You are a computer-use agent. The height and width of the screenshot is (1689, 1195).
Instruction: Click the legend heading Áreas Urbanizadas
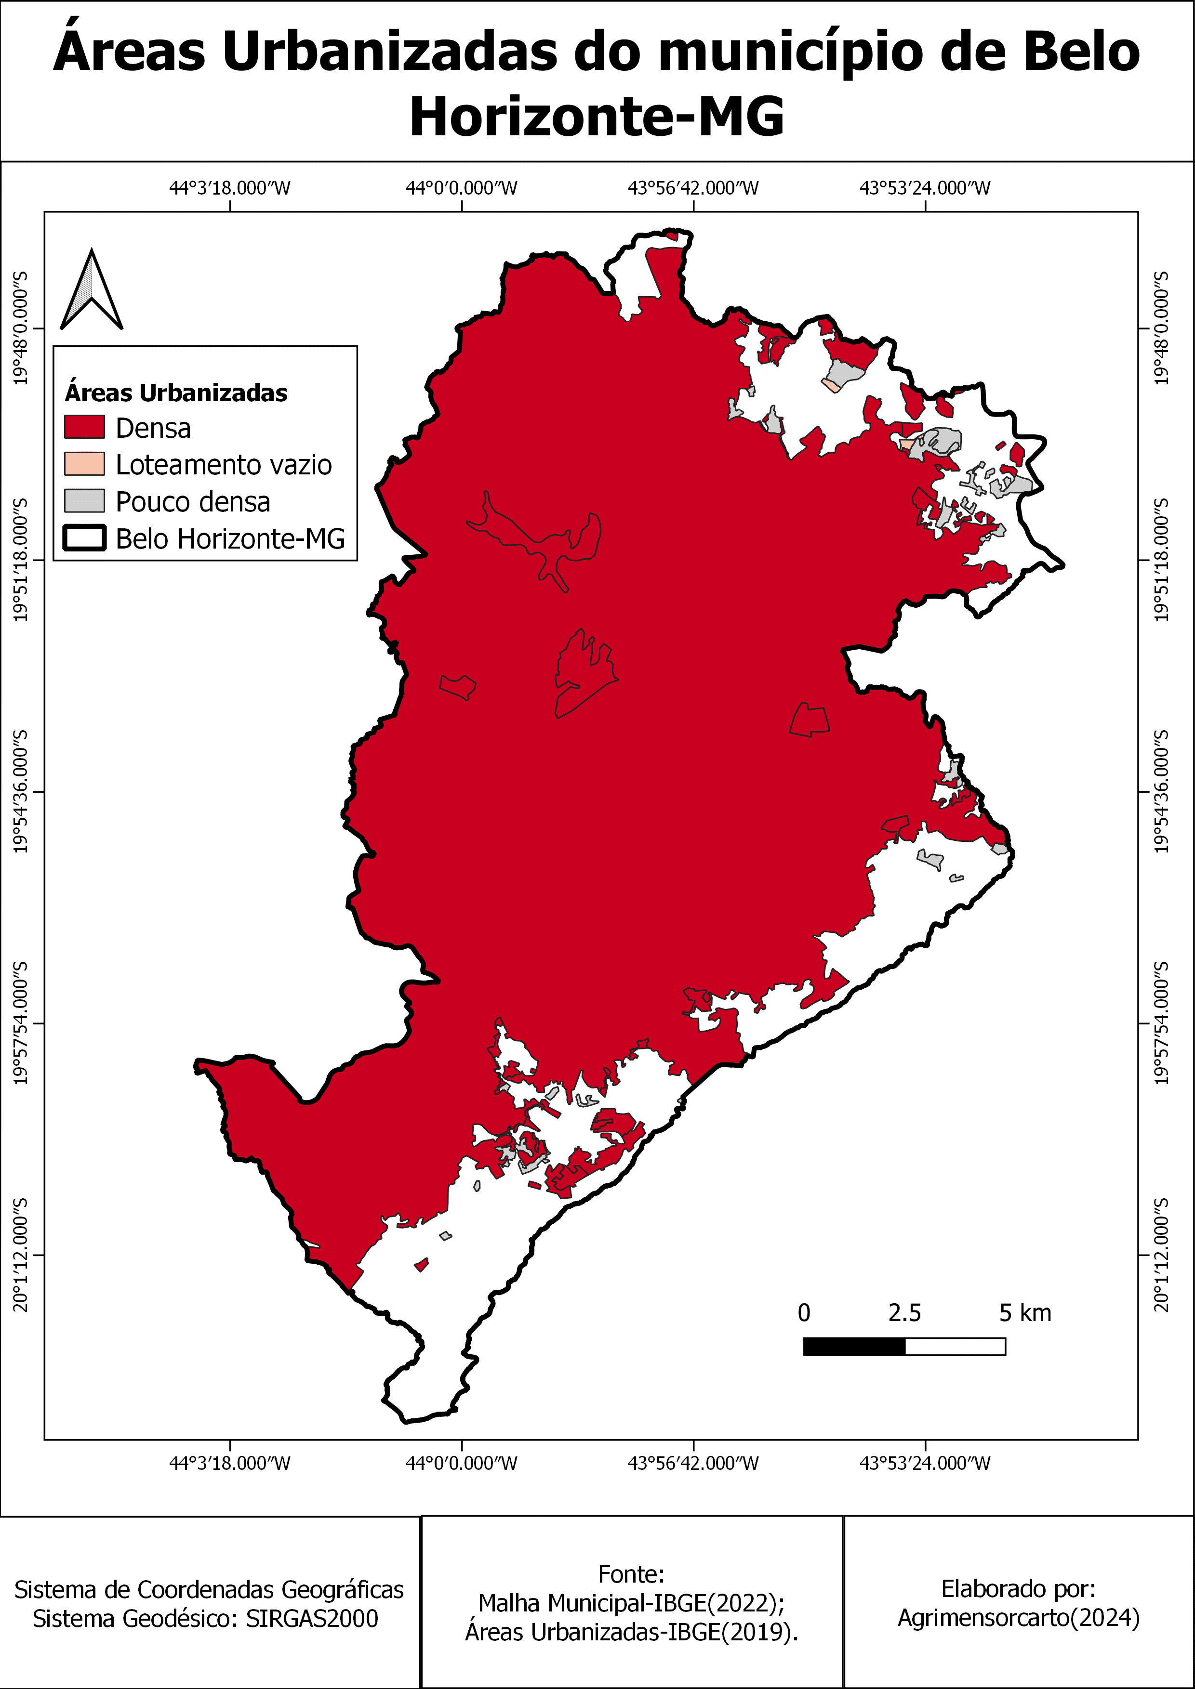pyautogui.click(x=176, y=393)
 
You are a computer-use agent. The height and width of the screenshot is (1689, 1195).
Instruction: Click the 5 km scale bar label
pyautogui.click(x=1024, y=1313)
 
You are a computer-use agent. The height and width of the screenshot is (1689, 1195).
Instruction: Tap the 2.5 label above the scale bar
pyautogui.click(x=904, y=1313)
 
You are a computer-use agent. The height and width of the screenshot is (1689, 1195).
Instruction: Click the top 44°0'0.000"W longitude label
pyautogui.click(x=461, y=188)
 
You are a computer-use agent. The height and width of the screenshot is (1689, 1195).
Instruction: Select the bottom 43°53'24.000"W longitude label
pyautogui.click(x=925, y=1463)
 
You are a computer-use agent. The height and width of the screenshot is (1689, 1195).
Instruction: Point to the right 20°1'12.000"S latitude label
pyautogui.click(x=1161, y=1255)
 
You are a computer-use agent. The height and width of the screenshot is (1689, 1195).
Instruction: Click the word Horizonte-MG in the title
pyautogui.click(x=597, y=116)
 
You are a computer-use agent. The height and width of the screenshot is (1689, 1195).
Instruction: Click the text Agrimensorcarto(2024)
pyautogui.click(x=1018, y=1618)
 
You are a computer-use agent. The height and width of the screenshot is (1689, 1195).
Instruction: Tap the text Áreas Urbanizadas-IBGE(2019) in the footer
pyautogui.click(x=631, y=1632)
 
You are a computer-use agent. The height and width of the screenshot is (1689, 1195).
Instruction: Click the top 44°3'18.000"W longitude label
pyautogui.click(x=229, y=188)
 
